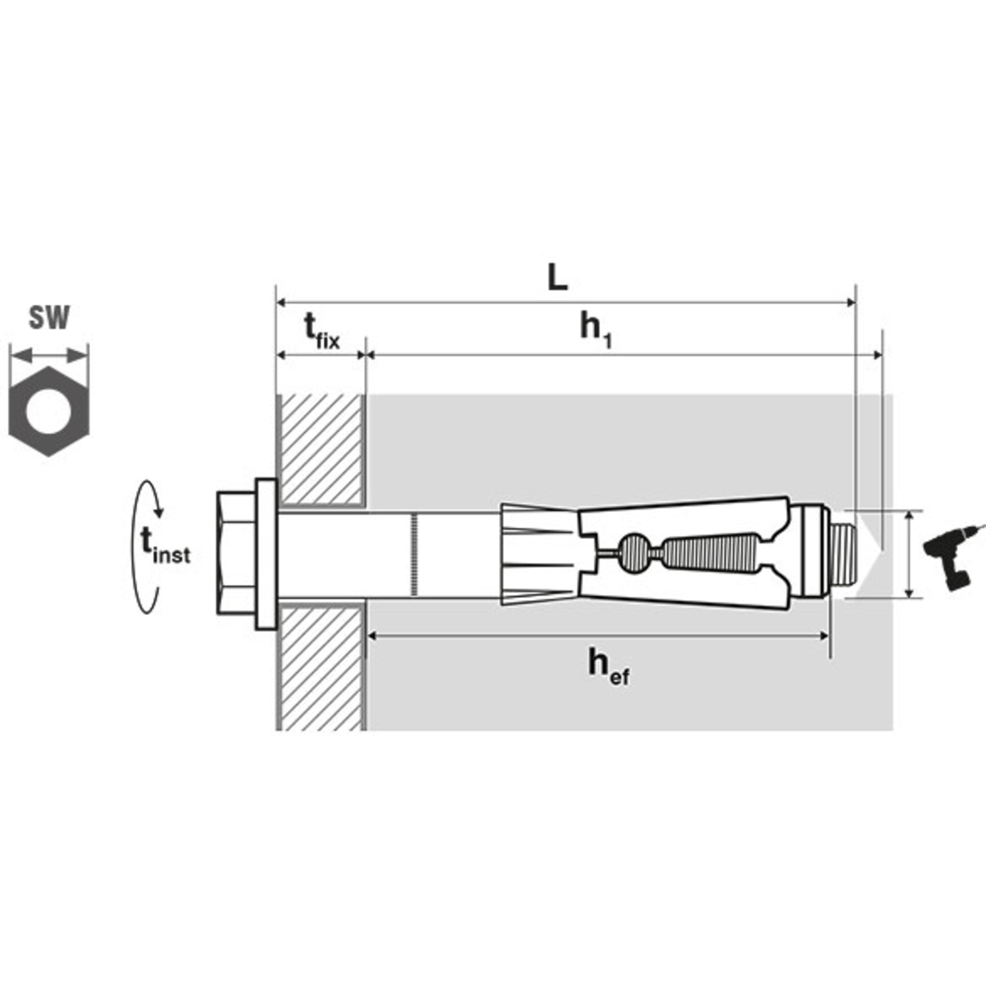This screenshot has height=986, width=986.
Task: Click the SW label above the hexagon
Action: (49, 318)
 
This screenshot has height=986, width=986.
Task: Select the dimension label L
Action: (558, 279)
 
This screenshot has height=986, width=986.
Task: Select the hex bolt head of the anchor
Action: (236, 553)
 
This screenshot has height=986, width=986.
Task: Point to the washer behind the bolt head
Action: (266, 554)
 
